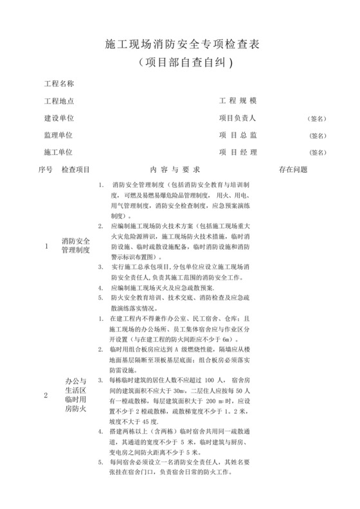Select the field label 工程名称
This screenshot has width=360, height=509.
pos(59,84)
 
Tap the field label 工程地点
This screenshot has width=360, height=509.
pos(59,102)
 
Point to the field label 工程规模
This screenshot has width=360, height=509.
pos(239,102)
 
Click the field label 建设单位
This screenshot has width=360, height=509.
pos(59,118)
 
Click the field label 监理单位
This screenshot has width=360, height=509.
pos(59,136)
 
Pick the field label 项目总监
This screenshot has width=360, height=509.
pos(239,136)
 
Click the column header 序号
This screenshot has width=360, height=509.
pos(46,170)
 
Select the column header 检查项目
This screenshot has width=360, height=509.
pos(76,170)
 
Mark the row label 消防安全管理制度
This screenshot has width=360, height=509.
pos(76,246)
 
